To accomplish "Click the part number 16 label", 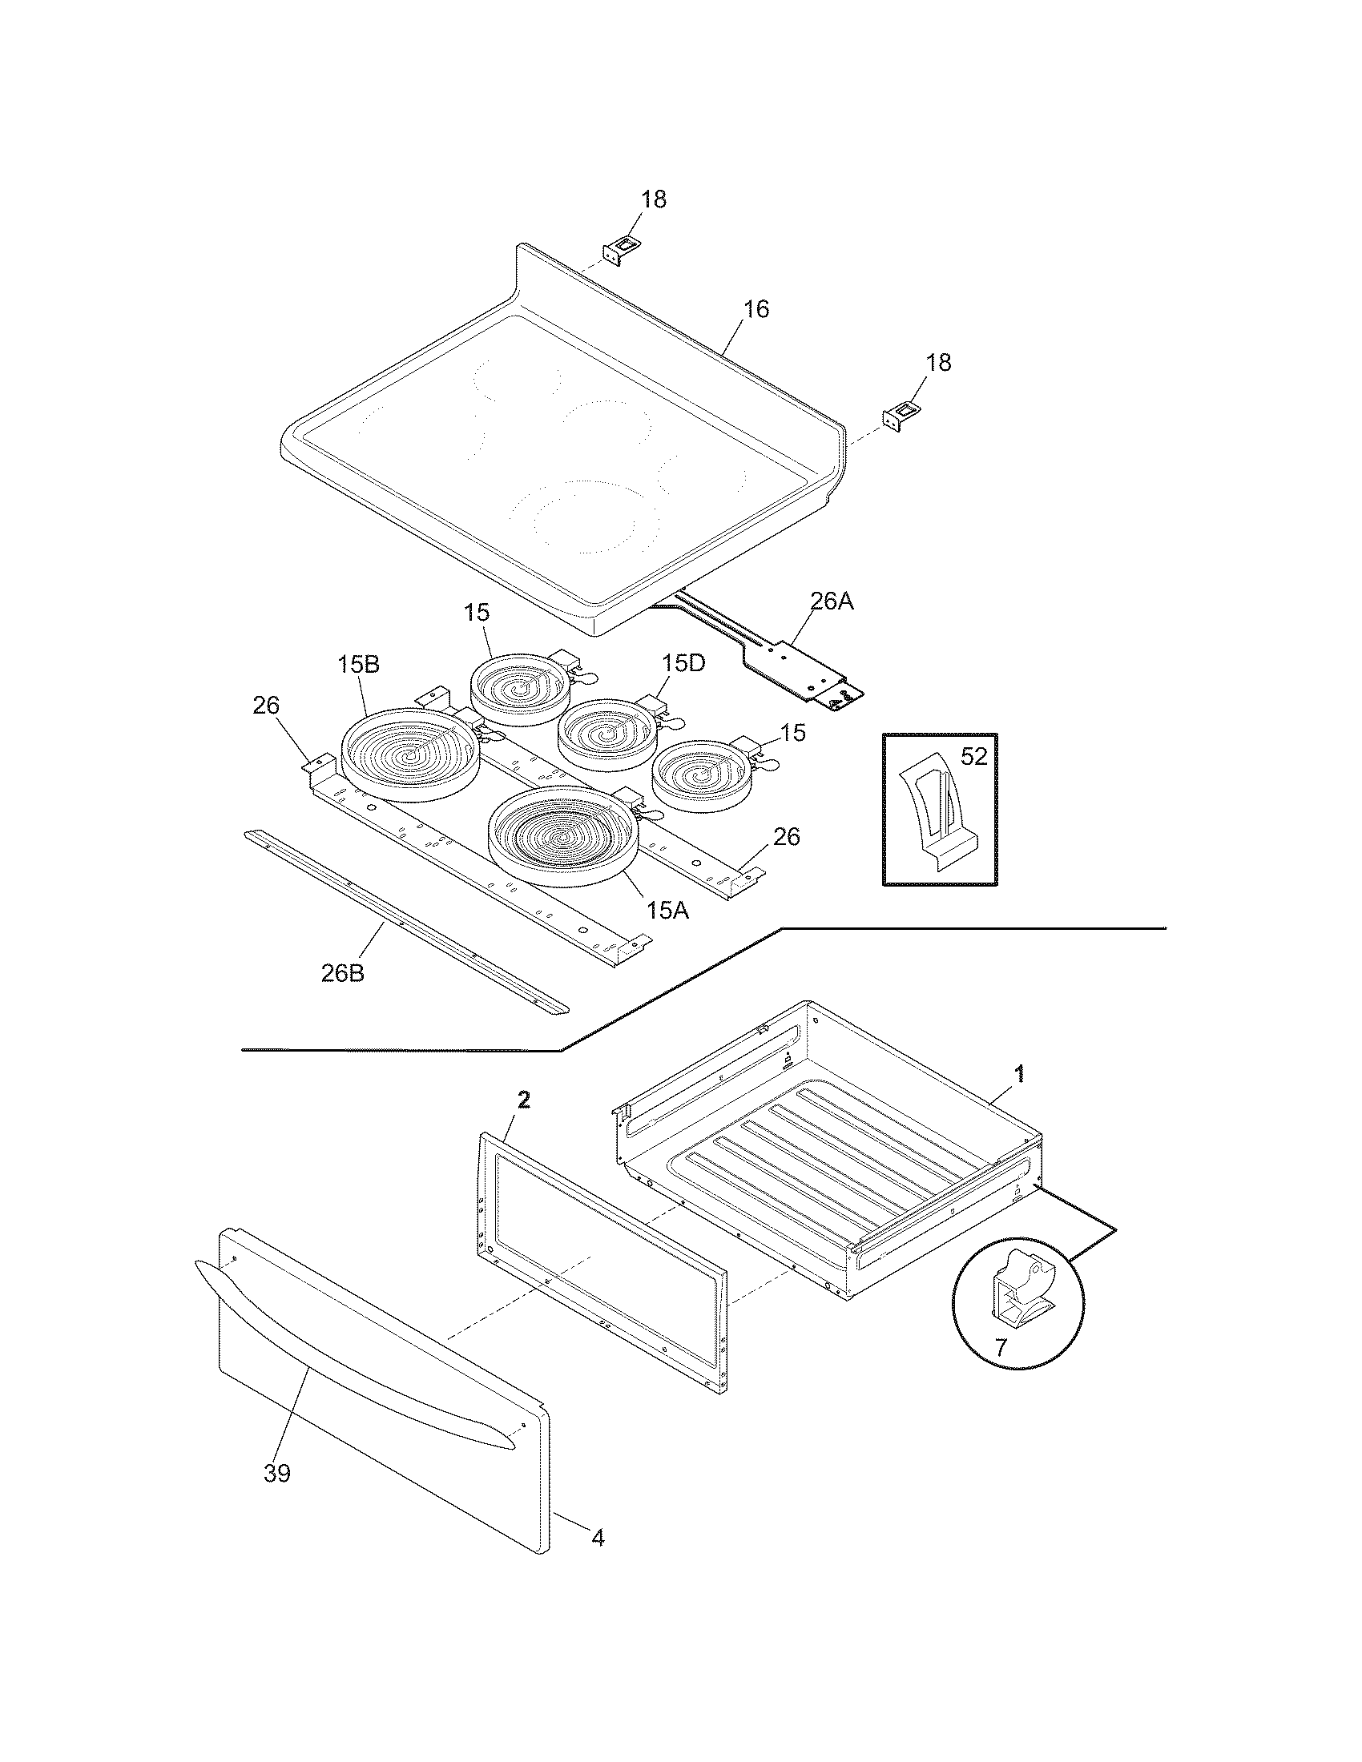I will pos(756,309).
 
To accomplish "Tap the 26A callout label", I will pos(831,601).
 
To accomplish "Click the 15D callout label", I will pos(683,663).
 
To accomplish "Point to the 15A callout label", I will pos(667,910).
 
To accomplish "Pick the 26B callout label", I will pos(342,973).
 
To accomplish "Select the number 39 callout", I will pos(276,1473).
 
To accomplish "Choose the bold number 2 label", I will pos(524,1100).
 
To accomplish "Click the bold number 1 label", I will pos(1020,1073).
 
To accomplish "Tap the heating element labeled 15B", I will pos(409,754).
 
